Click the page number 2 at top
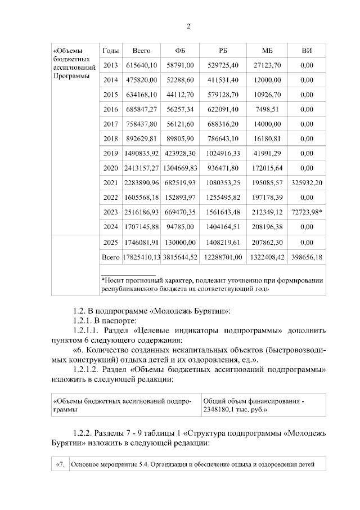(189, 26)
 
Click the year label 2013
(111, 65)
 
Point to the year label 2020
(111, 168)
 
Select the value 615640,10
(141, 65)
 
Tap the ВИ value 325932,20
(307, 182)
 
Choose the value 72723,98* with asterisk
(308, 212)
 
